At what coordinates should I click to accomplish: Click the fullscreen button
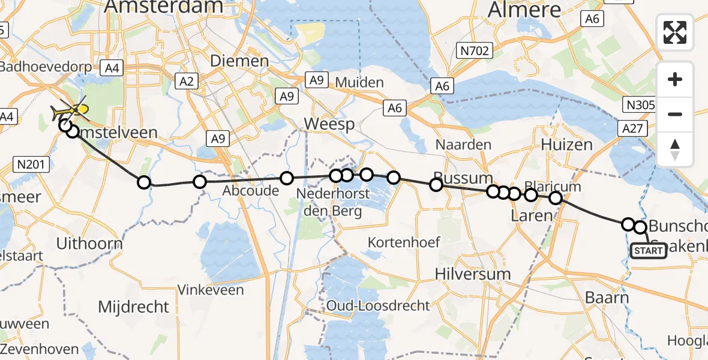click(675, 32)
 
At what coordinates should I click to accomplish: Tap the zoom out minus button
click(675, 114)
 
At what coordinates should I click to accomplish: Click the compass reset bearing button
click(675, 149)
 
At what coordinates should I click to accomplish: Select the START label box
click(648, 250)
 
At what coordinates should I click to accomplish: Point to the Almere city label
click(525, 10)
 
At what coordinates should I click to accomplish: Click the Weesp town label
click(329, 124)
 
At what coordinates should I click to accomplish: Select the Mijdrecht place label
click(134, 307)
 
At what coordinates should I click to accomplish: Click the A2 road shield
click(186, 80)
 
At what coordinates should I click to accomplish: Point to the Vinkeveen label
click(211, 290)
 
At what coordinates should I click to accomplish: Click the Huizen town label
click(566, 145)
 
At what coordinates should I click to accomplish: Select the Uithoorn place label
click(89, 244)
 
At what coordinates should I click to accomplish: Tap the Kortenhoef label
click(404, 242)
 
